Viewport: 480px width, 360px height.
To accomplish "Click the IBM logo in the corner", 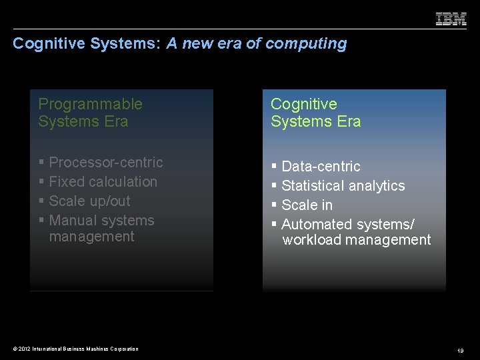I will coord(451,19).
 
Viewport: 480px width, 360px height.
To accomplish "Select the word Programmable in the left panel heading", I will coord(90,104).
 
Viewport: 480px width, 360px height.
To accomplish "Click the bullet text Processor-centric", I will coord(106,162).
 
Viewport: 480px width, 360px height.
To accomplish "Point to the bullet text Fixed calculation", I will coord(103,181).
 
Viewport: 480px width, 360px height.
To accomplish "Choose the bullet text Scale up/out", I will coord(89,201).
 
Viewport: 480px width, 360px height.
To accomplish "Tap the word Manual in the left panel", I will coord(71,220).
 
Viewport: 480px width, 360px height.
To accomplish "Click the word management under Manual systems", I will coord(92,237).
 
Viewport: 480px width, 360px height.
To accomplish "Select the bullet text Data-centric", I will coord(321,166).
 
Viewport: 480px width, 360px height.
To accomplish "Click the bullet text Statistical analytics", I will coord(343,185).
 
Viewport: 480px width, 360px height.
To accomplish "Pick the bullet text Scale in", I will coord(307,205).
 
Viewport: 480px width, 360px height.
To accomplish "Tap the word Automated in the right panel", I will coord(317,224).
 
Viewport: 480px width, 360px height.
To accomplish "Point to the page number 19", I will coord(461,350).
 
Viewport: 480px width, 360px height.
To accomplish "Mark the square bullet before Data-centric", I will coord(274,167).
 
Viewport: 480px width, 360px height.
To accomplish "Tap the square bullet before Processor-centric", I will coord(41,163).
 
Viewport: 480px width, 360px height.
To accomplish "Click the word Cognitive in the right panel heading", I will coord(303,104).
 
